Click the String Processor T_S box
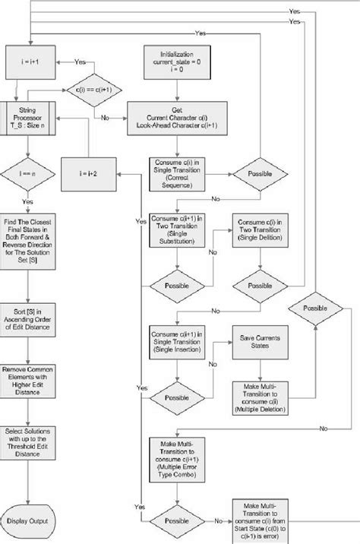click(x=28, y=122)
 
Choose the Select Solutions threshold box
click(x=28, y=442)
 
